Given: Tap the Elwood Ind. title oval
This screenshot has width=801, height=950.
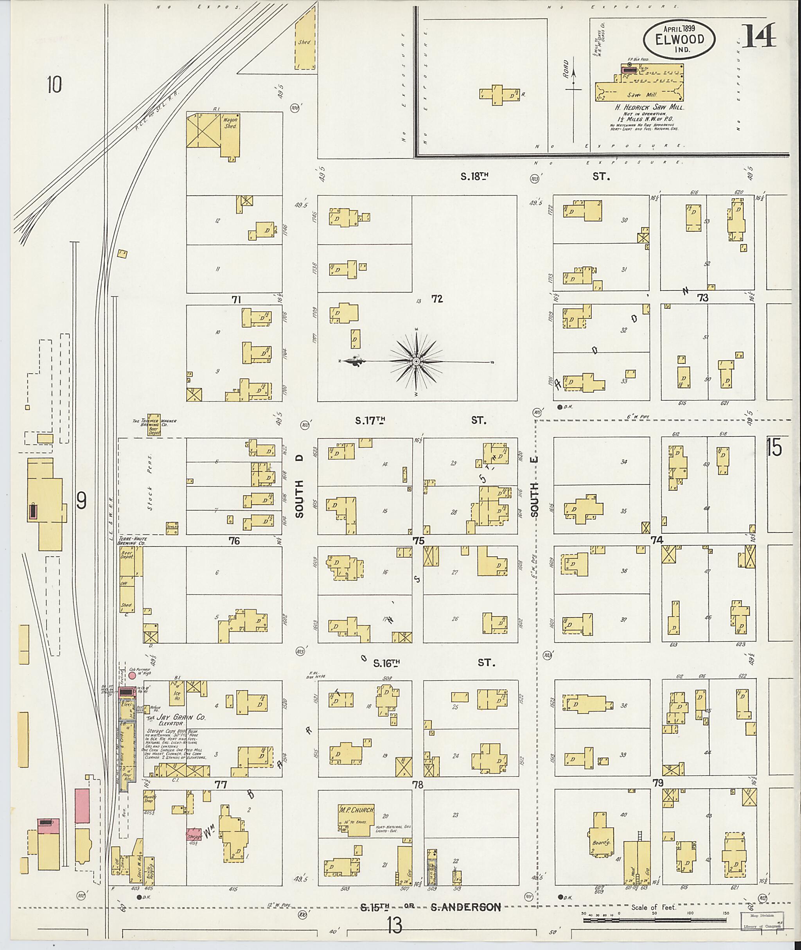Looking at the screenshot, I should click(679, 40).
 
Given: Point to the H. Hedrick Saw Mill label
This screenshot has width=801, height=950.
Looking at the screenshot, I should click(649, 108).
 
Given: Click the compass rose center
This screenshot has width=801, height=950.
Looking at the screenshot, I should click(415, 361).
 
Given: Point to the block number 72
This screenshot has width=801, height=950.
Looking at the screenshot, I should click(437, 299).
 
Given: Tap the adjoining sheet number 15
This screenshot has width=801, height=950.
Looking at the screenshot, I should click(774, 447).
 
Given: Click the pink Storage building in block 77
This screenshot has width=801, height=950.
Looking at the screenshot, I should click(194, 834).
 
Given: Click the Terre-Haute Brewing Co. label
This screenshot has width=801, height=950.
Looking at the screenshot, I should click(132, 541).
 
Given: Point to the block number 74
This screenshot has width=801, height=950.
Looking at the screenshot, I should click(657, 540).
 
